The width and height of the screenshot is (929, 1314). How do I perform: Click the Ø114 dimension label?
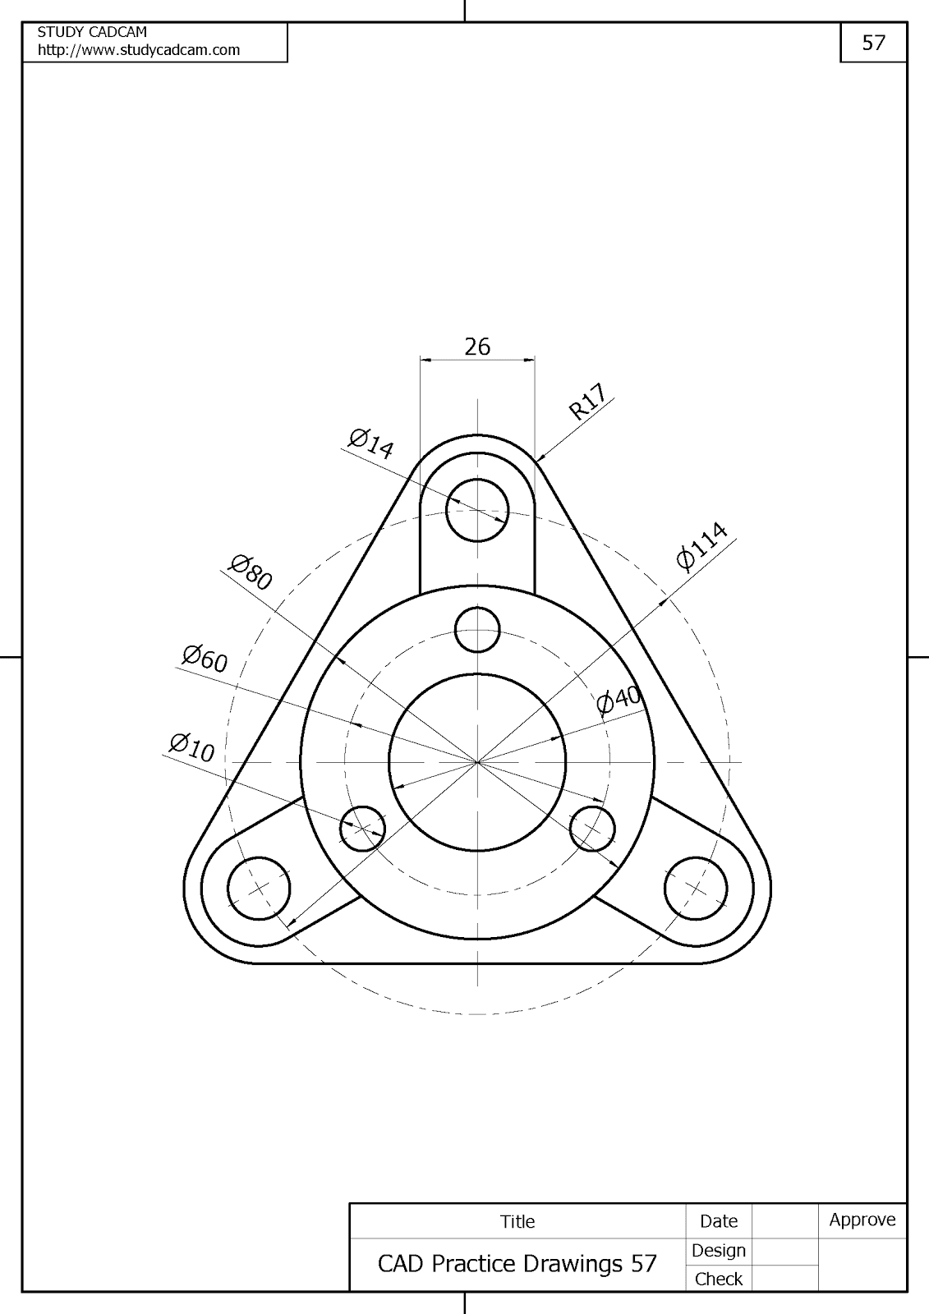coord(702,546)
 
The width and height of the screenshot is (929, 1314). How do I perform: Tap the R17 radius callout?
coord(587,402)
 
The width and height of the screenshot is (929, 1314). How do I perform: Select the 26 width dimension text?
coord(477,347)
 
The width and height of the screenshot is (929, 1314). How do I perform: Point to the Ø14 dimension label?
coord(371,443)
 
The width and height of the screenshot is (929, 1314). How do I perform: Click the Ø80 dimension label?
coord(251,572)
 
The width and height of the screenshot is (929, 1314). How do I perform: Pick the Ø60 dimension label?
coord(205,658)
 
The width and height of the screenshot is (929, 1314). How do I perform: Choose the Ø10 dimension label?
coord(192,748)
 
